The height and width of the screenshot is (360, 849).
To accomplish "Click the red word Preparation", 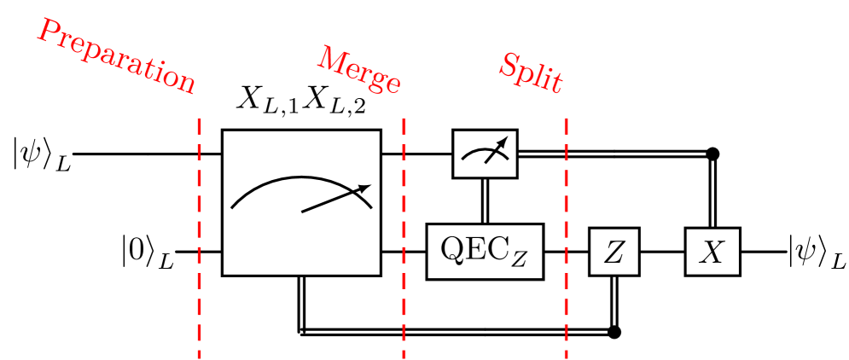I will click(x=116, y=56).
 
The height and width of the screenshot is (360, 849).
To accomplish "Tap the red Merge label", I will click(x=358, y=70).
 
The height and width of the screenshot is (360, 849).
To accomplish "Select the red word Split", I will click(x=530, y=73).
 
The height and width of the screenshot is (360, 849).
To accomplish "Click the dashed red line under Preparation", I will click(x=199, y=239).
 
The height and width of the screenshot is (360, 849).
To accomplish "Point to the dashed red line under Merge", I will click(x=404, y=239).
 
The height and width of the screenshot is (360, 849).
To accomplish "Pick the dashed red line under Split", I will click(x=566, y=239).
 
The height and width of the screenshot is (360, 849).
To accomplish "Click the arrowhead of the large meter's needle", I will click(x=365, y=188).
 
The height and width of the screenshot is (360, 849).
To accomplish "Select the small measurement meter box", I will click(x=485, y=154).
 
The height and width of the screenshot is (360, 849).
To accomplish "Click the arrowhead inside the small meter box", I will click(x=503, y=142).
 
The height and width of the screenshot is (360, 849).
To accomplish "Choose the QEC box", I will click(x=485, y=252).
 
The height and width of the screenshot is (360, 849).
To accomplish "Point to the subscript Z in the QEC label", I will click(x=520, y=258).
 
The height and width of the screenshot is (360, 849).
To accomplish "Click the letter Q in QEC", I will click(x=451, y=248).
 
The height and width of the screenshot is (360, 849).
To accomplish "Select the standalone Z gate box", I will click(x=613, y=252).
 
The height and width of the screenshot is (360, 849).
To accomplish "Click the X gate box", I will click(x=712, y=252).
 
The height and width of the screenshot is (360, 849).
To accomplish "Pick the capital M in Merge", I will click(x=332, y=59).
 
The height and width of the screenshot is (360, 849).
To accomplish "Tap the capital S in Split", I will click(x=509, y=63).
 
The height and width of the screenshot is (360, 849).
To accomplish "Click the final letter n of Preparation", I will click(x=184, y=84).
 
